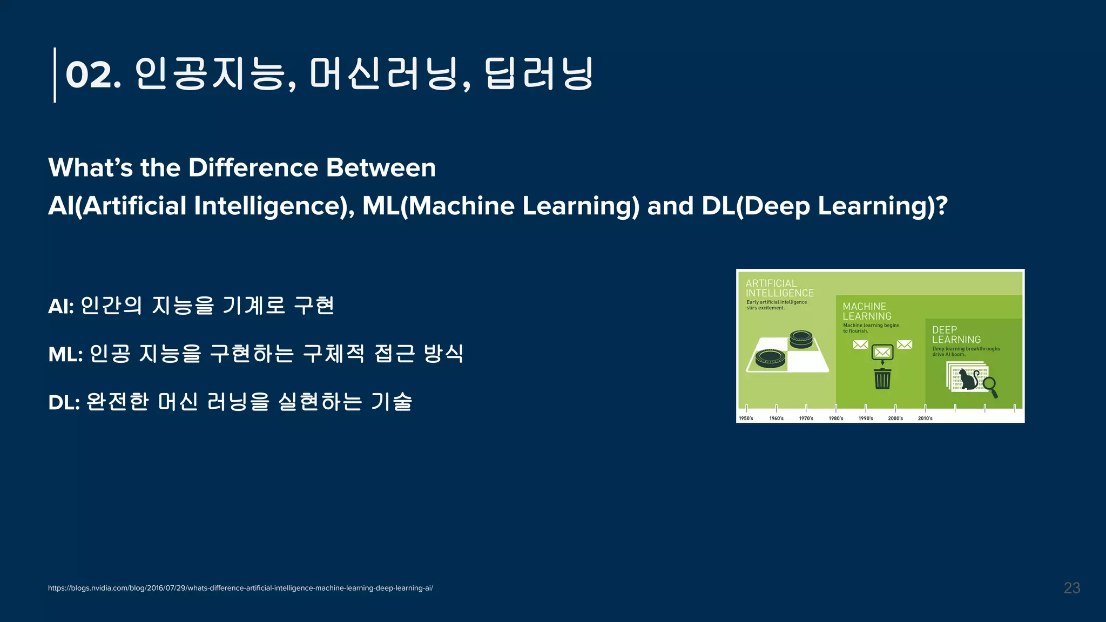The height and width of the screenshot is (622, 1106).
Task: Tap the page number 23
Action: [1071, 588]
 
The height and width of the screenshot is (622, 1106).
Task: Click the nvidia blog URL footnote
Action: [240, 588]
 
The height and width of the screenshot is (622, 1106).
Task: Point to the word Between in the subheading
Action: [381, 167]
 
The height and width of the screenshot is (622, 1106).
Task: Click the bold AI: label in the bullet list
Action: [60, 307]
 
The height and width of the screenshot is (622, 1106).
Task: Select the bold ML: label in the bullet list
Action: [65, 355]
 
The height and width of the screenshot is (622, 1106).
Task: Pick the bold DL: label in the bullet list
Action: [64, 402]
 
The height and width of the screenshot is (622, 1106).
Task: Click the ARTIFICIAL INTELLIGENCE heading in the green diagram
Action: [779, 288]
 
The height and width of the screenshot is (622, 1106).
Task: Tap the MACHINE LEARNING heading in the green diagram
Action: [866, 312]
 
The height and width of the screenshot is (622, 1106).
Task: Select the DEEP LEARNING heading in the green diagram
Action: [955, 335]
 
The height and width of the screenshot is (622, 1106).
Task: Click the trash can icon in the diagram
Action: [882, 378]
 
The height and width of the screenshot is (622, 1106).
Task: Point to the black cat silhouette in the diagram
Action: [969, 380]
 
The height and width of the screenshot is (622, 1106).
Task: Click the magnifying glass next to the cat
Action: [990, 387]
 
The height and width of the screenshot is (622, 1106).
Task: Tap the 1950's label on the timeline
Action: [746, 418]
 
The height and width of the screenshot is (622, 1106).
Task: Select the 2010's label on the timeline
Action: [925, 418]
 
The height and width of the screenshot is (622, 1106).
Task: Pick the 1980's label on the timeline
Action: [835, 418]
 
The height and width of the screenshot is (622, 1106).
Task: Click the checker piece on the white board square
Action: [770, 358]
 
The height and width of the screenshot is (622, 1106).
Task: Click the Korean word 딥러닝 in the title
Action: [538, 75]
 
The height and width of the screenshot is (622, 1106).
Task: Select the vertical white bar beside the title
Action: [55, 75]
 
